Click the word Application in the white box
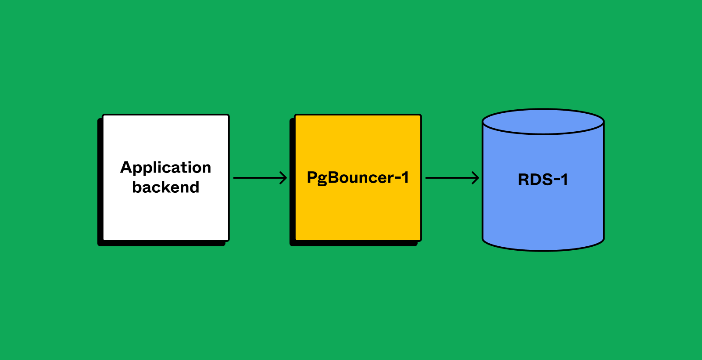click(x=166, y=168)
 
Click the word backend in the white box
click(x=166, y=187)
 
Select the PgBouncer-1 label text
click(x=358, y=178)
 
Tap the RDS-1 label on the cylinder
click(x=543, y=180)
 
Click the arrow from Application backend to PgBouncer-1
click(x=259, y=178)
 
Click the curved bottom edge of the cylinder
click(x=543, y=250)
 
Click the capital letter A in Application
click(x=126, y=167)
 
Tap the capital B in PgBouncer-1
click(x=334, y=177)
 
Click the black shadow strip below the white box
click(x=162, y=244)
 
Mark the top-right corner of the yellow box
click(x=420, y=115)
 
